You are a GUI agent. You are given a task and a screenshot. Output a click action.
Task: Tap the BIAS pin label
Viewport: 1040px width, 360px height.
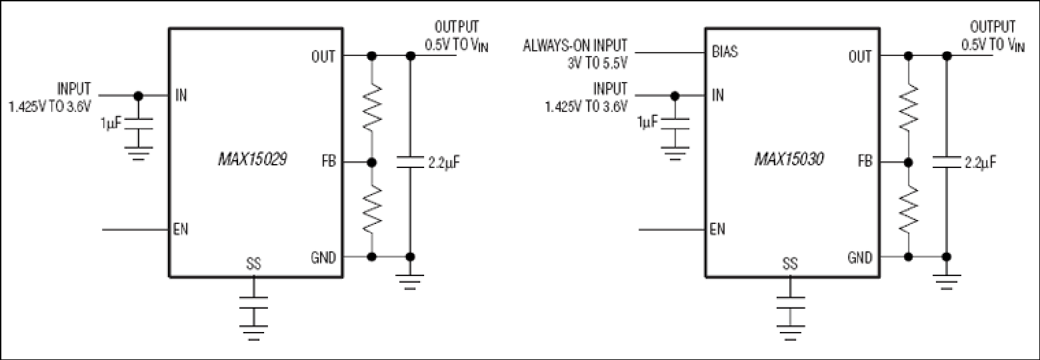(x=725, y=51)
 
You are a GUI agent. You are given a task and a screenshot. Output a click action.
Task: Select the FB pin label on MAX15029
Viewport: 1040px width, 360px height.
(x=329, y=162)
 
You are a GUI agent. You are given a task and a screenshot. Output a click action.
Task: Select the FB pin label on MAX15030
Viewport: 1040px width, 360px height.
(x=865, y=162)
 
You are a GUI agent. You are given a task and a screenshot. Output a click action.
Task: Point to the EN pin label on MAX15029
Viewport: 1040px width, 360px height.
(x=181, y=230)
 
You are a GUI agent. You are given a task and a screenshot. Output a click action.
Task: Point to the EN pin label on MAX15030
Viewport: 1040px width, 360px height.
(x=717, y=230)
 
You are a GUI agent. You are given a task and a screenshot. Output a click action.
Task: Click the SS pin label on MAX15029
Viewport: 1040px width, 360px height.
(x=253, y=264)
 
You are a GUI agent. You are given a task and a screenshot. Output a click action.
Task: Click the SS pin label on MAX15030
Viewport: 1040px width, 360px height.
(x=790, y=264)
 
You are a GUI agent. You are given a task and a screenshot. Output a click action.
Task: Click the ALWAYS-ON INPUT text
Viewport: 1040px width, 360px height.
(x=575, y=46)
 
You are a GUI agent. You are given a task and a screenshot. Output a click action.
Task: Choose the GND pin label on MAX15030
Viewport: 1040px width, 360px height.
(x=860, y=257)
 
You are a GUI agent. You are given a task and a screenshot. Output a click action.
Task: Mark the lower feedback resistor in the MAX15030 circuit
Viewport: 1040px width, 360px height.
(x=908, y=209)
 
